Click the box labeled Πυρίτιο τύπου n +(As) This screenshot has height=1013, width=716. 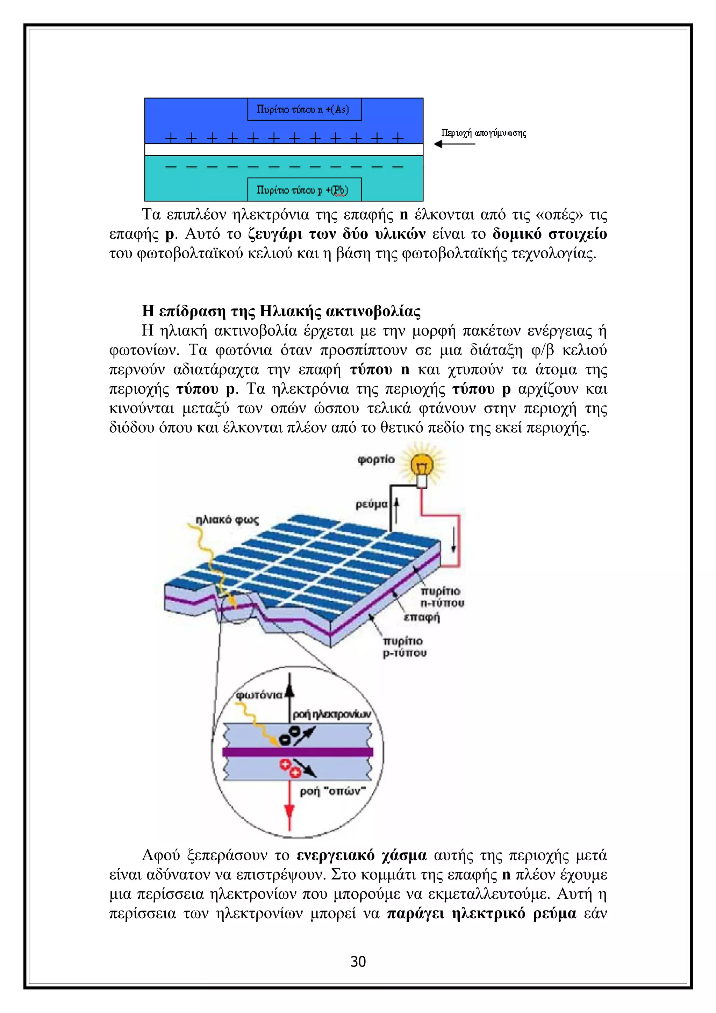click(304, 109)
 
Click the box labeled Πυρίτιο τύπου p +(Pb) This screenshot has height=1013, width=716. click(304, 190)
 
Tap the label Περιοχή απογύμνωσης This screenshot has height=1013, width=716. click(484, 133)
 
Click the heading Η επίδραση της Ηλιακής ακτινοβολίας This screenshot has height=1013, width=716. click(281, 311)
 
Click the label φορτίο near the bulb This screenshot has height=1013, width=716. click(376, 459)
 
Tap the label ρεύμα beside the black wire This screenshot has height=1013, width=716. click(371, 504)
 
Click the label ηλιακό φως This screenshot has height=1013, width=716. click(227, 520)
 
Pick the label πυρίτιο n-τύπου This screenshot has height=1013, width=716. click(442, 597)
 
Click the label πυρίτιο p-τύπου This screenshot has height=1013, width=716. click(404, 647)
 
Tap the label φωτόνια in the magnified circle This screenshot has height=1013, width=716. click(259, 696)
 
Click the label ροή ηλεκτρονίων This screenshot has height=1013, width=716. click(332, 714)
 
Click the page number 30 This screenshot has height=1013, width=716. click(358, 961)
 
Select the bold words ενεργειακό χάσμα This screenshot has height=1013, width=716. click(361, 855)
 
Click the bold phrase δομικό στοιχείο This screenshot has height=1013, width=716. click(549, 234)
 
